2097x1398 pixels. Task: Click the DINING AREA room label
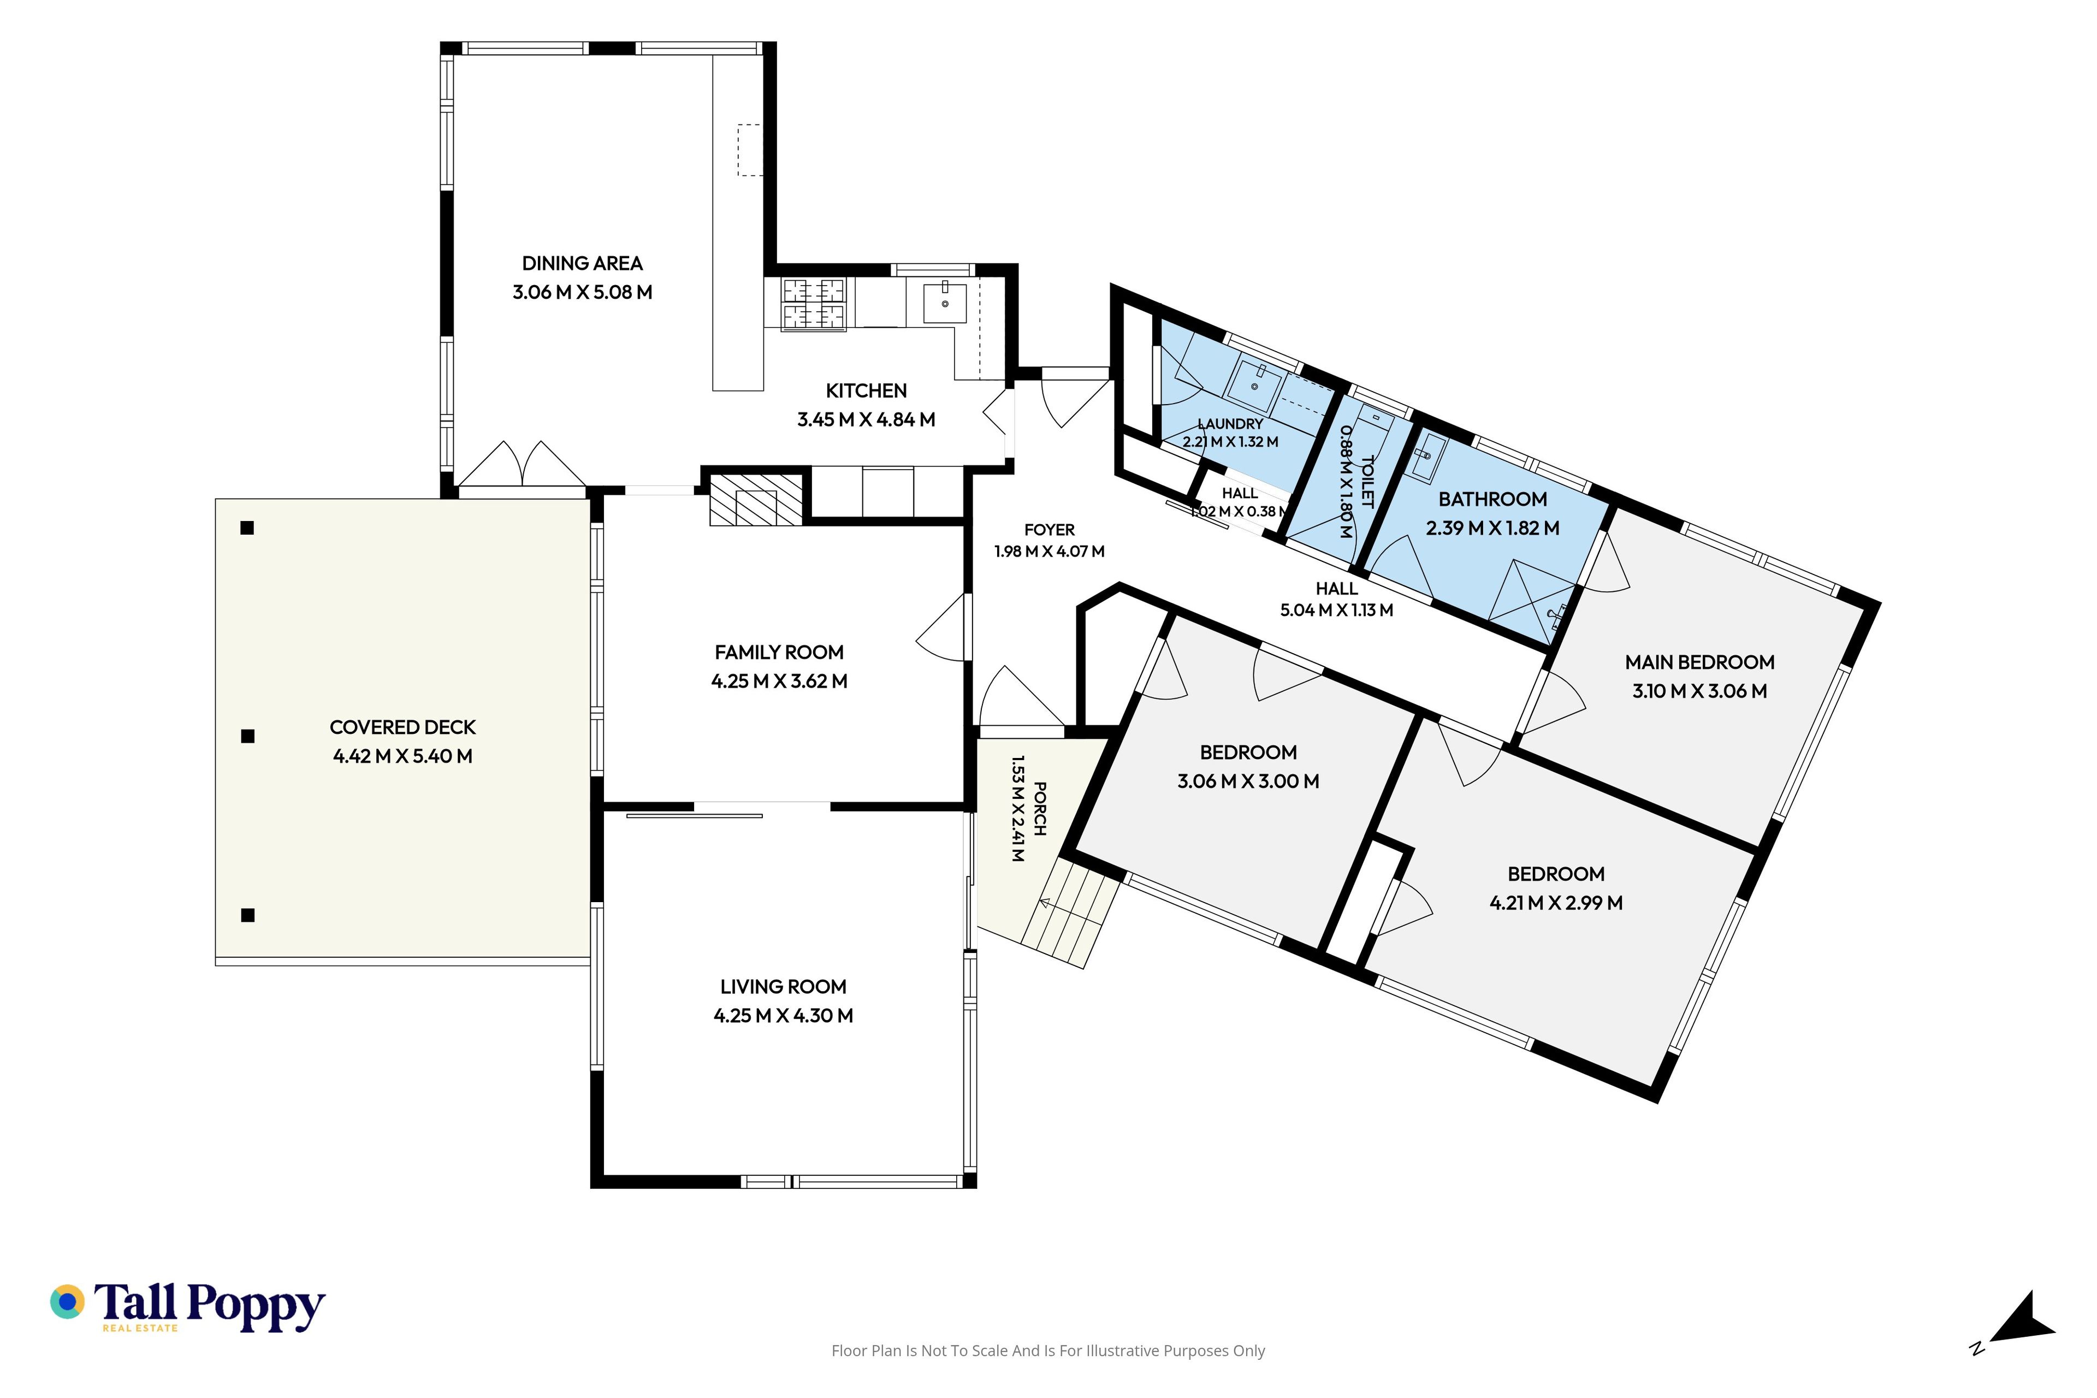tap(582, 264)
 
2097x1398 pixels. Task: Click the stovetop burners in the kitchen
tap(813, 305)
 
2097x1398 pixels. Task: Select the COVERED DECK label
tap(403, 727)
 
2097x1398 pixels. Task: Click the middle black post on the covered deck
tap(248, 736)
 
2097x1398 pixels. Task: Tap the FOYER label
tap(1050, 530)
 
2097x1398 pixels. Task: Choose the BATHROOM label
tap(1492, 499)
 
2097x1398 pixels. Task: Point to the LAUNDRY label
tap(1230, 424)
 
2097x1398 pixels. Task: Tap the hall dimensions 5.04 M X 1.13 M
tap(1336, 611)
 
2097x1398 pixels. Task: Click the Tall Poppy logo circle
tap(67, 1302)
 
